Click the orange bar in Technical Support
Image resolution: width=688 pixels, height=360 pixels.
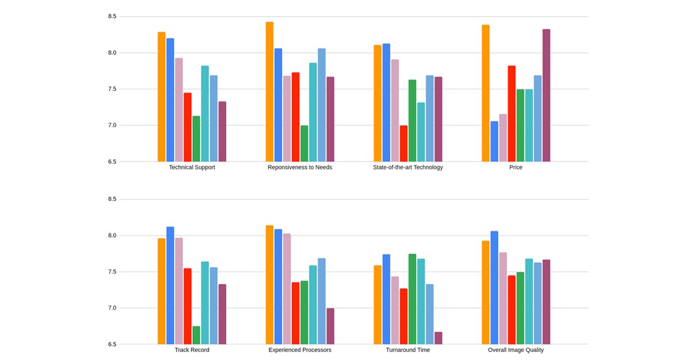pos(162,97)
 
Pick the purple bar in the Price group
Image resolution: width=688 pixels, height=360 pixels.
pos(546,95)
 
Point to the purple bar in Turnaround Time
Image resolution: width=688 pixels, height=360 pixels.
pos(439,338)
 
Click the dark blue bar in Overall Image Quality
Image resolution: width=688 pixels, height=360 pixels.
pos(494,287)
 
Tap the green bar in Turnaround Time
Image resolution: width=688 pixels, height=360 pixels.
pos(412,299)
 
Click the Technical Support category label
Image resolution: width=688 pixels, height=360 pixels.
pos(192,168)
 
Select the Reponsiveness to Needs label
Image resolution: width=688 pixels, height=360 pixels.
pos(300,168)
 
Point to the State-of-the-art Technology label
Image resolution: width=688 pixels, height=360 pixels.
pos(408,168)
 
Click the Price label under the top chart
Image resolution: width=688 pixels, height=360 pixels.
pos(515,168)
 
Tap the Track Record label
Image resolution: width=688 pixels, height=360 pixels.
pos(192,350)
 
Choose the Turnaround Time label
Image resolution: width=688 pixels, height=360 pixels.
pos(408,350)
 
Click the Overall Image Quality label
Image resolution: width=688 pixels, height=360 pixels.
pos(515,350)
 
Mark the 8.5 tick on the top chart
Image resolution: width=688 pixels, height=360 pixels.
pos(112,17)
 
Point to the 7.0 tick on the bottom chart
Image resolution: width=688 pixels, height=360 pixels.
pos(112,308)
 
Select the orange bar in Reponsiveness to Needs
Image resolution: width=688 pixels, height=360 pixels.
pos(269,92)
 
